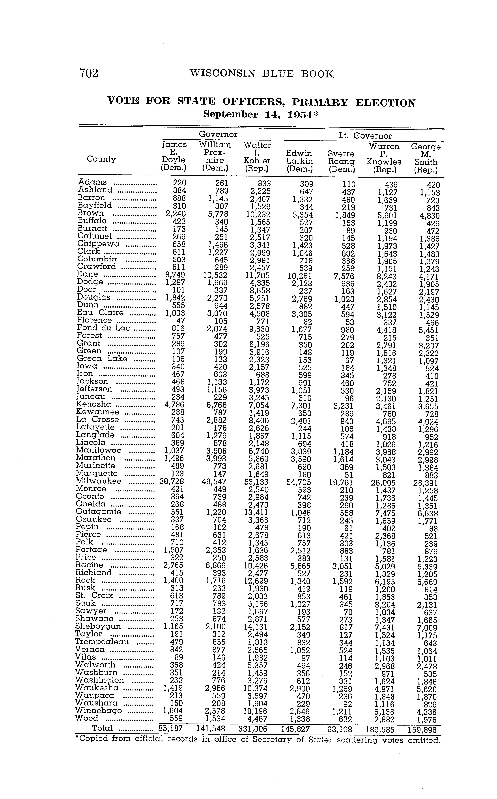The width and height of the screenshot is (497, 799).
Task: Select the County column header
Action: pyautogui.click(x=101, y=159)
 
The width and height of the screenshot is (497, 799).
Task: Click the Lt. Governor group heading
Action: pyautogui.click(x=365, y=136)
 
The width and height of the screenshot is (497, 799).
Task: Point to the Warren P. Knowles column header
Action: pyautogui.click(x=384, y=158)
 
